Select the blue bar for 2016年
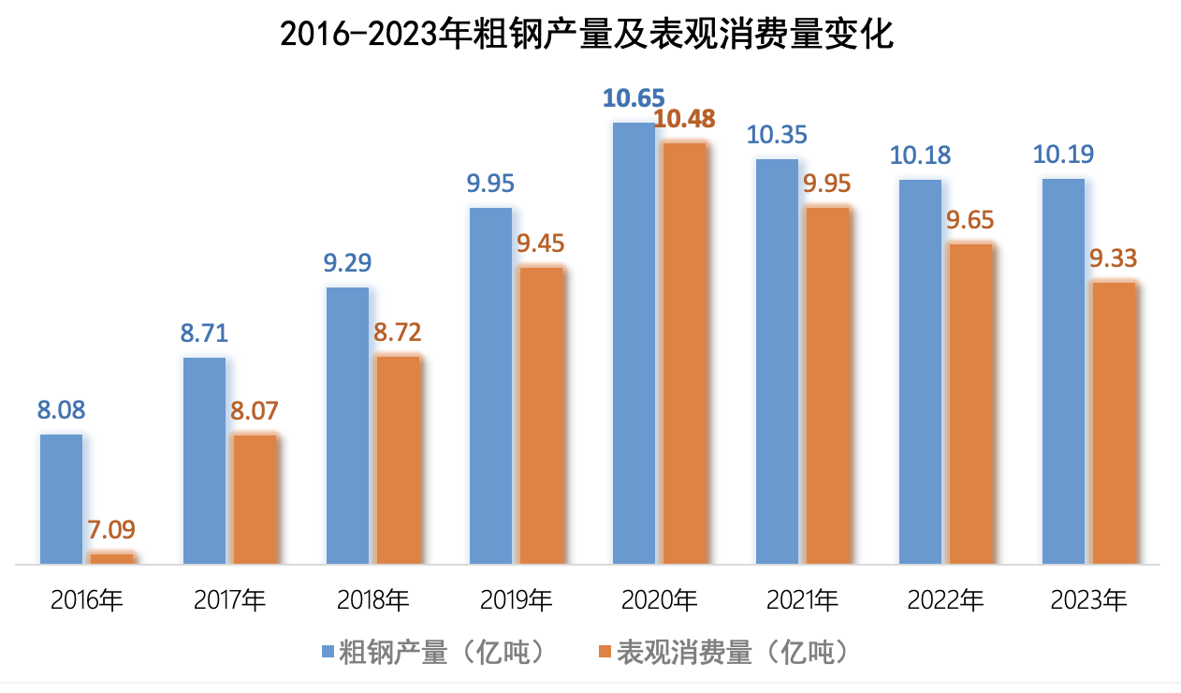pos(62,498)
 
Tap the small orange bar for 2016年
pos(111,558)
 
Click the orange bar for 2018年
pos(398,460)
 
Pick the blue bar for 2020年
pos(634,343)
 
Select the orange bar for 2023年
pos(1113,422)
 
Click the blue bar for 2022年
pos(920,372)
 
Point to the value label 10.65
pos(634,97)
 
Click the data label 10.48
pos(684,119)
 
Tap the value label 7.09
pos(111,531)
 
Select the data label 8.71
pos(204,333)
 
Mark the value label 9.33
pos(1113,258)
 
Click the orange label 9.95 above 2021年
pos(827,184)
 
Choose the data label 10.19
pos(1063,155)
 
